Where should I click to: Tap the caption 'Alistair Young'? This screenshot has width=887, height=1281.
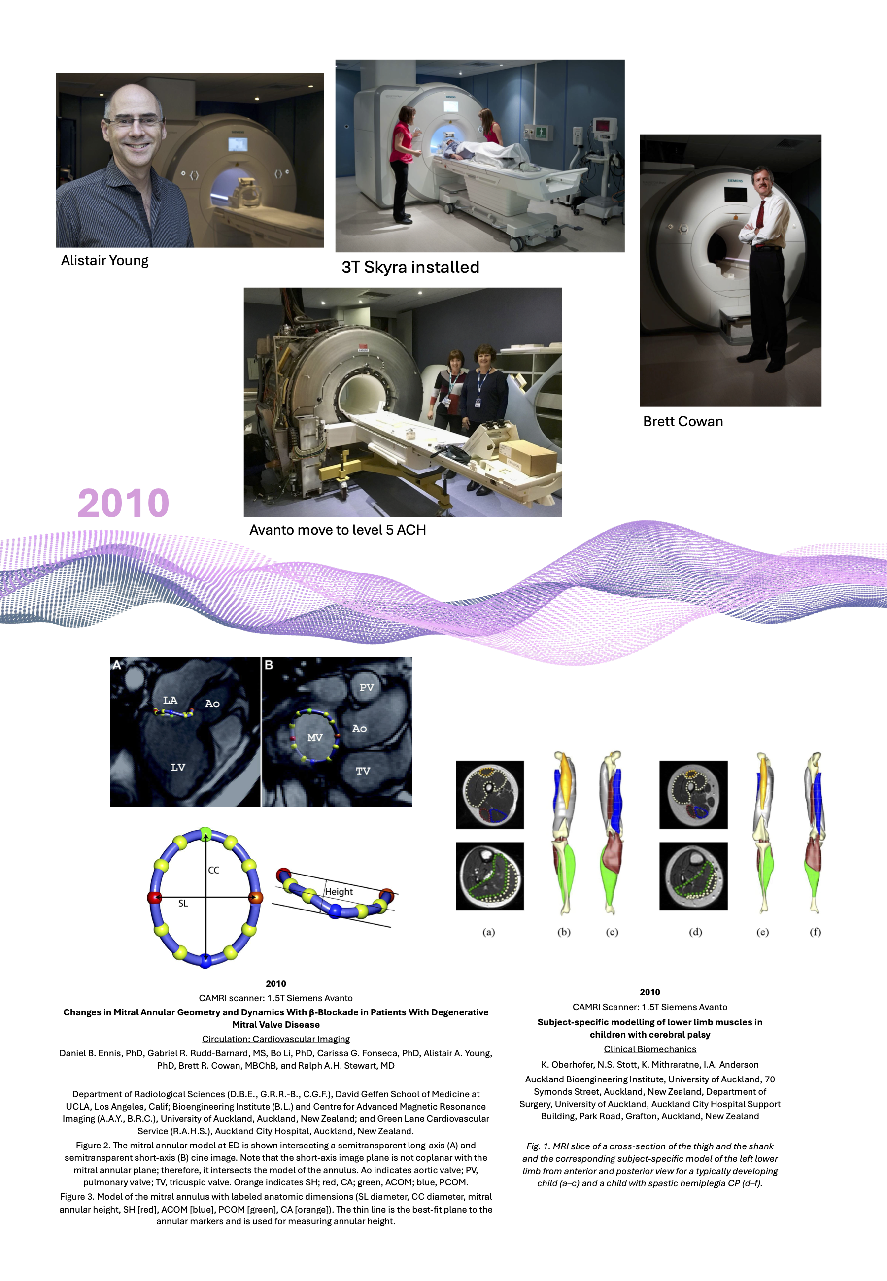[104, 261]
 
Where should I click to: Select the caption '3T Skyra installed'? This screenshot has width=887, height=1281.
[410, 267]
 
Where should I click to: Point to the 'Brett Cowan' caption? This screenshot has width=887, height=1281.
[682, 422]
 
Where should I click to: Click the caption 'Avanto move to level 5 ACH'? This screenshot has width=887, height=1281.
[338, 530]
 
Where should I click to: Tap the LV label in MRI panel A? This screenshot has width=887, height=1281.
[178, 767]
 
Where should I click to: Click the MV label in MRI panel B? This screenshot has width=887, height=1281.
[314, 737]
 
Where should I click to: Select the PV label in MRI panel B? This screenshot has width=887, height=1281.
[366, 688]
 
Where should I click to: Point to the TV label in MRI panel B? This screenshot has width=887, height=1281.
[362, 771]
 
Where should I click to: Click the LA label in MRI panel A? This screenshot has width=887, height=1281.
[170, 700]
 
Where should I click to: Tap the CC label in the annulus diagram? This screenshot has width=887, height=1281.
[213, 870]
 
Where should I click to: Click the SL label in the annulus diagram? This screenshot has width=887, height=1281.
[183, 903]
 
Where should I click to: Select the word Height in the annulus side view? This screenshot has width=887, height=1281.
[339, 892]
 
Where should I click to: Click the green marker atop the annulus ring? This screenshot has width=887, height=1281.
[205, 833]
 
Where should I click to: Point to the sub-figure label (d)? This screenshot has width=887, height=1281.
[695, 932]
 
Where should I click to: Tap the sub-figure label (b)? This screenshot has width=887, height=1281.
[564, 932]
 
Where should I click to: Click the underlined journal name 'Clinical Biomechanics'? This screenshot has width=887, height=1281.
[649, 1049]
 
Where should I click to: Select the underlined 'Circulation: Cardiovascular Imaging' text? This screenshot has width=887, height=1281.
[275, 1038]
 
